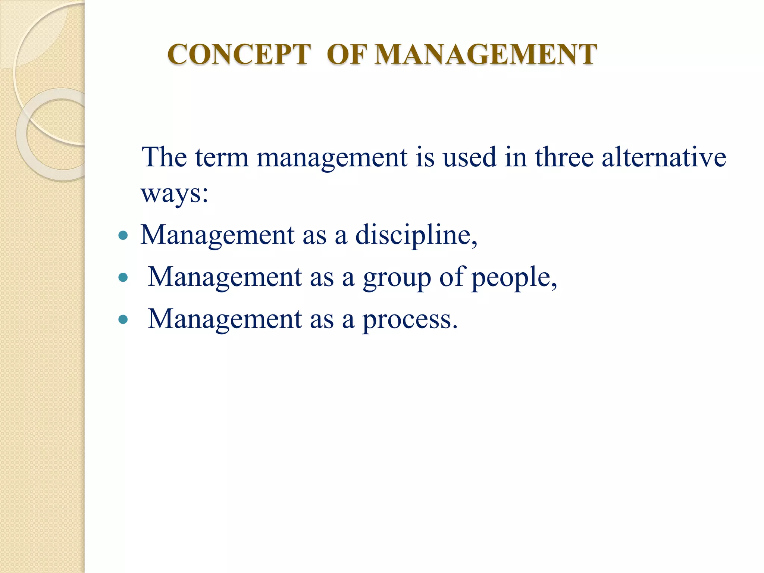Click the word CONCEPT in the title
click(x=239, y=54)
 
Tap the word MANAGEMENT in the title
click(x=486, y=54)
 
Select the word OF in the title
click(x=347, y=54)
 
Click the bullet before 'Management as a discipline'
click(x=123, y=235)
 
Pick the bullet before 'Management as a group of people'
click(x=123, y=278)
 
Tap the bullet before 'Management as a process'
click(x=123, y=320)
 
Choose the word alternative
click(x=664, y=157)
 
